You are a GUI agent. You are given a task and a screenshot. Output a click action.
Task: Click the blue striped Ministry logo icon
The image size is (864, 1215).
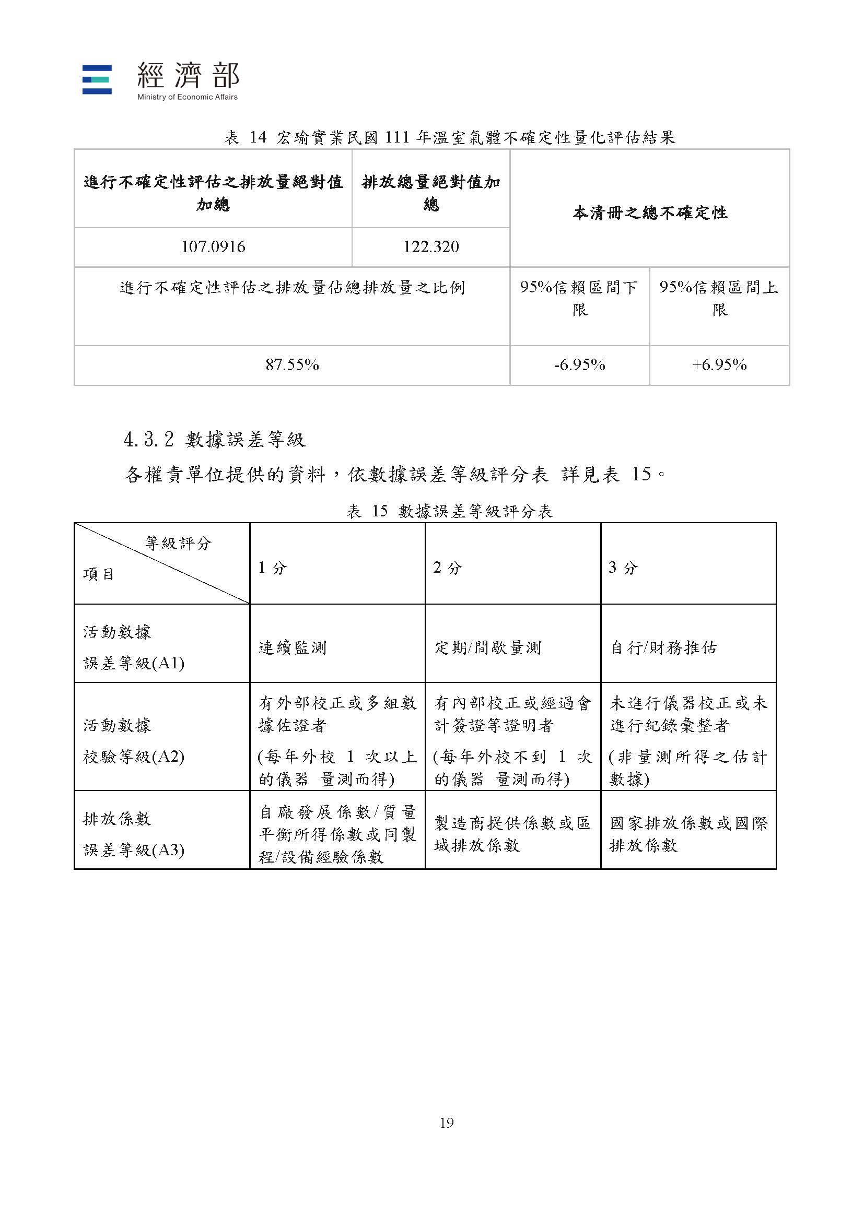[97, 79]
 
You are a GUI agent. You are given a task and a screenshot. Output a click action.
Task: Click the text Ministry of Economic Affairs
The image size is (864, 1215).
[188, 97]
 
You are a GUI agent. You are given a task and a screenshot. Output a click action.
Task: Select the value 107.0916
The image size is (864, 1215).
[213, 247]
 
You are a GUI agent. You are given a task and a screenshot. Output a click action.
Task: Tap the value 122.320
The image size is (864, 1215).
[430, 247]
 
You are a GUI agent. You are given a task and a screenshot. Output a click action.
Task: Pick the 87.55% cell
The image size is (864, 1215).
[291, 365]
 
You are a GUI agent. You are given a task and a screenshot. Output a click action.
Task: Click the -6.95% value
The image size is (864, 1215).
[579, 365]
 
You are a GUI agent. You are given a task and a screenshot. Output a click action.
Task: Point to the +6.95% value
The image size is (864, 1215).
[719, 365]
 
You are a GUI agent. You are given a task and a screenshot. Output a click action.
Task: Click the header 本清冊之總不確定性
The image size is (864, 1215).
[649, 213]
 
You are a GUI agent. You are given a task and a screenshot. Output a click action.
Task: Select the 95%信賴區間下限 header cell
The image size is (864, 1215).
[579, 298]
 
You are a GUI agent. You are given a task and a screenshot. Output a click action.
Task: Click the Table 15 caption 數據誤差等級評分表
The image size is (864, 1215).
[449, 511]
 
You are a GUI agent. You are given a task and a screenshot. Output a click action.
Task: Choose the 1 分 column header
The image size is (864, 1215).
[272, 568]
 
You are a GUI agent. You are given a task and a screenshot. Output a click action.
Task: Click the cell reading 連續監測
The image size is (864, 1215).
[292, 647]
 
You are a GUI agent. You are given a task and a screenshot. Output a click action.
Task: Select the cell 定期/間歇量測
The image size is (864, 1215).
[487, 647]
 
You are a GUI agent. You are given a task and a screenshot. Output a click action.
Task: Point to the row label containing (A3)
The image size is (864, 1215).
[134, 834]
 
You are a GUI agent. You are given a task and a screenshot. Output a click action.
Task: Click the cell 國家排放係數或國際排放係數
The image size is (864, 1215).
[688, 834]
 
